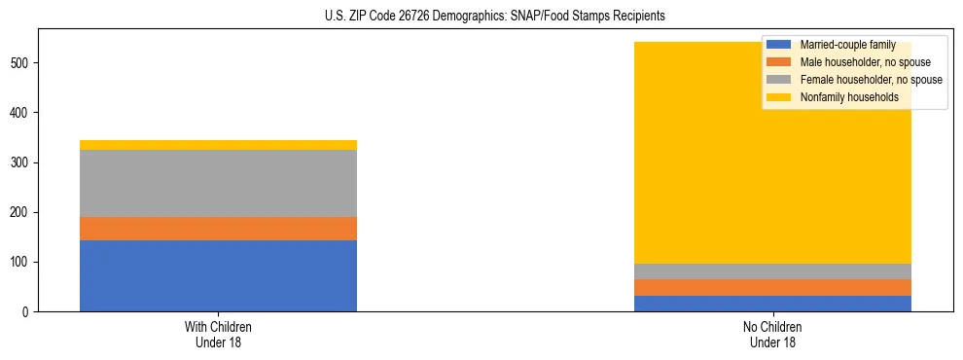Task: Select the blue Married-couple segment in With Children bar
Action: click(x=218, y=275)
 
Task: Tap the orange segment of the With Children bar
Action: click(x=218, y=228)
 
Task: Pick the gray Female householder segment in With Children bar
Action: click(x=218, y=183)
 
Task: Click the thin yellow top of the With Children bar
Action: click(x=218, y=145)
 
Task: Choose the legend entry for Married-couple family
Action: click(x=841, y=45)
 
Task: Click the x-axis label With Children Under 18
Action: click(x=218, y=335)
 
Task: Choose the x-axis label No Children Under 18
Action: click(x=772, y=335)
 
